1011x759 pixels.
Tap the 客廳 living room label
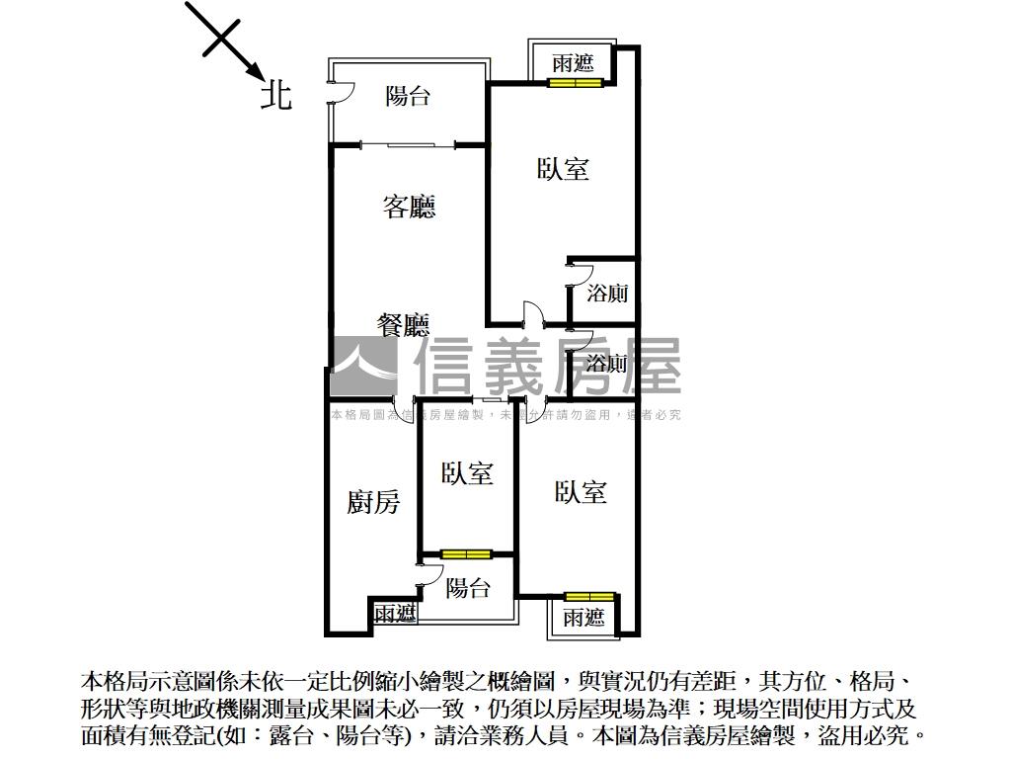pos(409,207)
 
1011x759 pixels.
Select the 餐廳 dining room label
pos(404,325)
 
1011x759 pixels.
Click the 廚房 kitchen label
pos(373,502)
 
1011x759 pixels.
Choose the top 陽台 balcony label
pos(408,96)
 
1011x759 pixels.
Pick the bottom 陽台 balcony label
pos(467,589)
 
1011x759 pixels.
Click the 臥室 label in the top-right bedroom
pos(563,169)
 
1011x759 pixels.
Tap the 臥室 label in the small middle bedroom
pos(467,473)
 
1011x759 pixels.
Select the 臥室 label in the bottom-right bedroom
pos(581,491)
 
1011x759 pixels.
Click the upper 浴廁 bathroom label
pos(606,294)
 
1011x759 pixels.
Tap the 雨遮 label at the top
pos(573,63)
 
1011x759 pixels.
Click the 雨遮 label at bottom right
pos(583,618)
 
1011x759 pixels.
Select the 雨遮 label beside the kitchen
pos(395,614)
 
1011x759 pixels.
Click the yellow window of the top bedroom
pos(576,82)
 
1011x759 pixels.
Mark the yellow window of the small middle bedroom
pos(467,553)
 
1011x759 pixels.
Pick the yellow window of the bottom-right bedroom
pos(589,596)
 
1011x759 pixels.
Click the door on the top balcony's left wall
pos(336,95)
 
